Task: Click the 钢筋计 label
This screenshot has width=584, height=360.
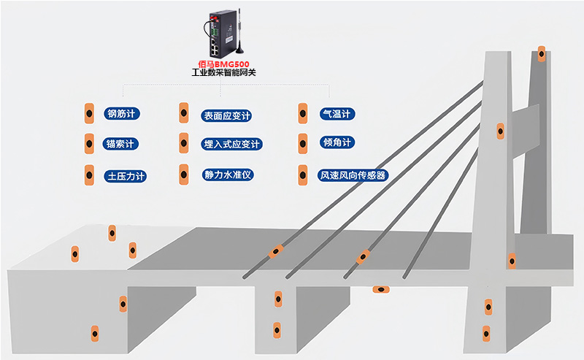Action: click(x=123, y=113)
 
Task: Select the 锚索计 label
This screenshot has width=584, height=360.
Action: click(x=122, y=143)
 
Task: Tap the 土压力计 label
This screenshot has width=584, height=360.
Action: click(x=126, y=176)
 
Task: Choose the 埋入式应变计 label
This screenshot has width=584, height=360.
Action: click(x=231, y=145)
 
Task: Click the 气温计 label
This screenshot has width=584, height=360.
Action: click(x=337, y=113)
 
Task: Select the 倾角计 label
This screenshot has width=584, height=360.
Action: click(x=337, y=142)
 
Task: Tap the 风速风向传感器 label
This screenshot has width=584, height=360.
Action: click(x=353, y=175)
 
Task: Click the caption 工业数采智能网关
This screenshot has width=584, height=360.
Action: click(x=223, y=73)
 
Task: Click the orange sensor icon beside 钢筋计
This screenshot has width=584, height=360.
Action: click(x=88, y=114)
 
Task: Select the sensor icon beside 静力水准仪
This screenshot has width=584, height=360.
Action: click(x=183, y=175)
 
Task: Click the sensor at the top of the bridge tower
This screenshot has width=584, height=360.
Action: click(x=541, y=54)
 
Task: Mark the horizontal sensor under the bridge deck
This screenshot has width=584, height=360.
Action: click(x=380, y=290)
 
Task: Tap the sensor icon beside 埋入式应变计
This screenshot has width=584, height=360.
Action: click(x=183, y=144)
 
